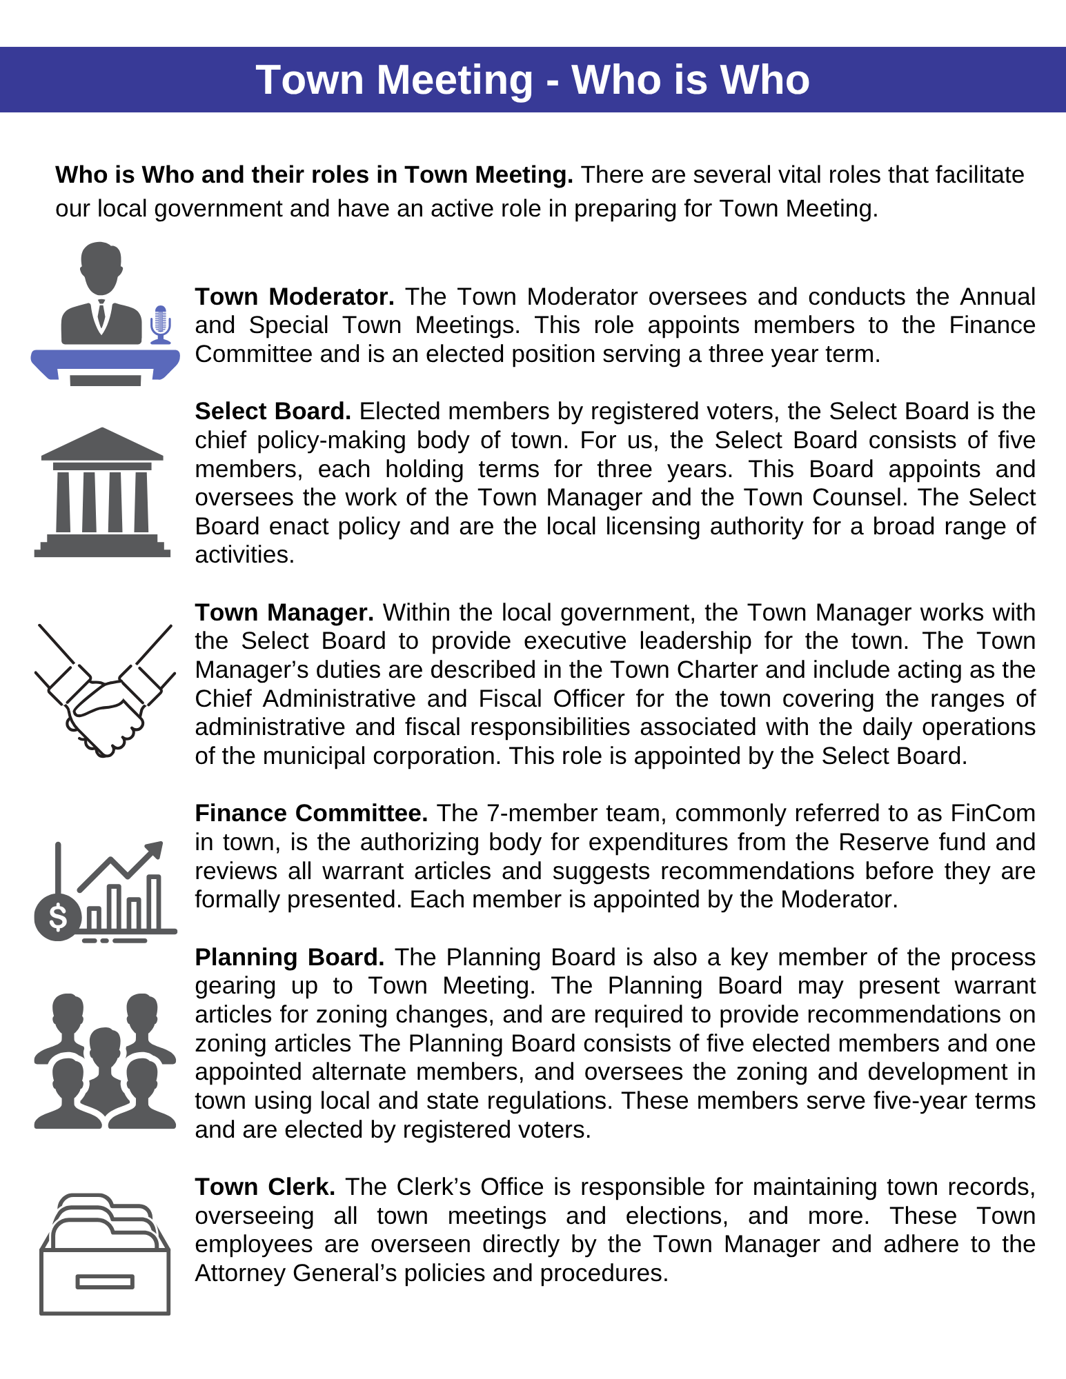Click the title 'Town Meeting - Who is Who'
pyautogui.click(x=533, y=80)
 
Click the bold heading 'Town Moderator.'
pyautogui.click(x=295, y=296)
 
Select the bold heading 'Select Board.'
pyautogui.click(x=273, y=411)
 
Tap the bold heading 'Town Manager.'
pyautogui.click(x=284, y=612)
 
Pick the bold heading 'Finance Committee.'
pyautogui.click(x=311, y=813)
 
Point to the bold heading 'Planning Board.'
pyautogui.click(x=290, y=957)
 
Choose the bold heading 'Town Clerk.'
pyautogui.click(x=265, y=1187)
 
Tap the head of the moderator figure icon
pyautogui.click(x=101, y=265)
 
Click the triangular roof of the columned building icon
pyautogui.click(x=102, y=443)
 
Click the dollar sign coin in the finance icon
pyautogui.click(x=58, y=917)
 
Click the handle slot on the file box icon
pyautogui.click(x=105, y=1281)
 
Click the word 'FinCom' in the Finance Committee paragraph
pyautogui.click(x=993, y=813)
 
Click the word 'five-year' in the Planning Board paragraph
pyautogui.click(x=917, y=1100)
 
